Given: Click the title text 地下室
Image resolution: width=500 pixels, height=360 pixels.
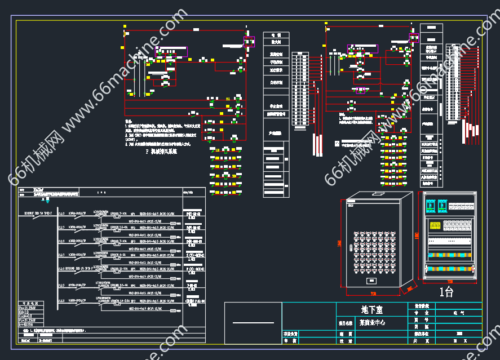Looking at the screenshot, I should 371,309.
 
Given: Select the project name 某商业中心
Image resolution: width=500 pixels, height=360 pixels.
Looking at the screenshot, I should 371,323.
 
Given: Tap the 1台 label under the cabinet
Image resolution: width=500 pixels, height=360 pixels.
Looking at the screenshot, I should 446,292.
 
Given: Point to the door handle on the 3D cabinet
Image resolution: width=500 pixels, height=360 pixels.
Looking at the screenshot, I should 352,206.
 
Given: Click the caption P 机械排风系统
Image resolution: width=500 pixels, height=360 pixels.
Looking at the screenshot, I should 161,151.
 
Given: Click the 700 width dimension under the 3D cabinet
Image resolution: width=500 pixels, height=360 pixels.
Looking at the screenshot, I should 373,294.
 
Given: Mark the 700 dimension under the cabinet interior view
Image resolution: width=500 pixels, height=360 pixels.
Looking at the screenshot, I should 450,281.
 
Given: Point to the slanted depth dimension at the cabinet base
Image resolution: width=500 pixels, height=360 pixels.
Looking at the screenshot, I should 408,290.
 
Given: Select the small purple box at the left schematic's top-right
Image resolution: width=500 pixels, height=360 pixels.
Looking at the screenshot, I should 249,41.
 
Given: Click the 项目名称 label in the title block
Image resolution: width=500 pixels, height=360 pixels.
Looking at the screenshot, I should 346,324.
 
